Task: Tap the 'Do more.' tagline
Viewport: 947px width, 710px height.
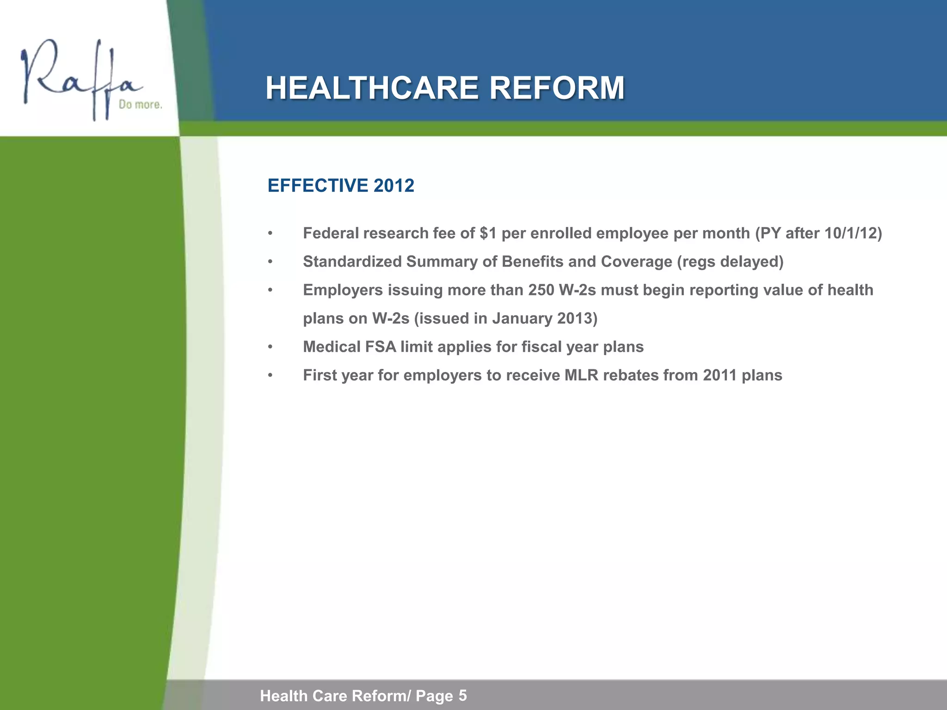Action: click(x=141, y=105)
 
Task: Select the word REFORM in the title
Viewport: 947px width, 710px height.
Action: click(x=557, y=88)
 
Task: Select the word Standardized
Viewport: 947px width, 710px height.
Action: click(x=352, y=262)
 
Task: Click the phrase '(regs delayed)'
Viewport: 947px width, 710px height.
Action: click(x=730, y=262)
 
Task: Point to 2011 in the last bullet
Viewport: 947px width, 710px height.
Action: click(x=719, y=375)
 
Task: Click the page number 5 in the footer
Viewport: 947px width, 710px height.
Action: click(x=462, y=695)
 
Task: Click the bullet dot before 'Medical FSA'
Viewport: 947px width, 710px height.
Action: click(x=271, y=347)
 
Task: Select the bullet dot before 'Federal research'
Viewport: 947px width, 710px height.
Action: click(x=271, y=234)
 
